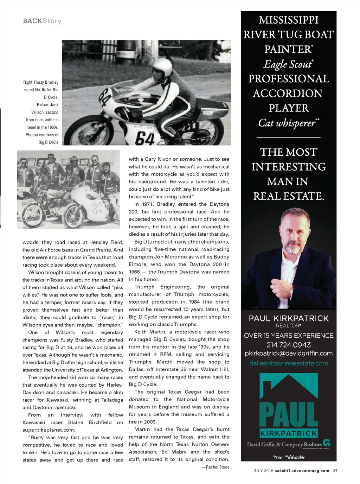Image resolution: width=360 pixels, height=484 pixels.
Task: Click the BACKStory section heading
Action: (42, 21)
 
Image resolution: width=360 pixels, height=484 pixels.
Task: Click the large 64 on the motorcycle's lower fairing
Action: (145, 138)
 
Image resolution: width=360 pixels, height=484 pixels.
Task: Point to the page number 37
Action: (335, 471)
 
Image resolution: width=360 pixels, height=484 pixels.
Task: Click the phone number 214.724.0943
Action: (289, 345)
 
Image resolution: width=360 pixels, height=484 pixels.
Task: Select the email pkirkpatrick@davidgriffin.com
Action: (289, 353)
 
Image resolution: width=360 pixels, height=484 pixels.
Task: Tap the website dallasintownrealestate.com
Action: (289, 363)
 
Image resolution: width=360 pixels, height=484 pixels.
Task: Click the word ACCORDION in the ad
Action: (288, 93)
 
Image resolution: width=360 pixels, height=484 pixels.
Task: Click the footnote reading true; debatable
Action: (289, 457)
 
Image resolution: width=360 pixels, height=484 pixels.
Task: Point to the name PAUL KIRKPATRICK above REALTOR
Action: (289, 318)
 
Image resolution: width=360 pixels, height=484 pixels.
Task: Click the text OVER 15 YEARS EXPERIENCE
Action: (289, 336)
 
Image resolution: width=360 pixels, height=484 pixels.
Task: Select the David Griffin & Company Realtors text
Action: (284, 444)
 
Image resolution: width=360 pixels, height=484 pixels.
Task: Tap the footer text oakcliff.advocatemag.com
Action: (302, 471)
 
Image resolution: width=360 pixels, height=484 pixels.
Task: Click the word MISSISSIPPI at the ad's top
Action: (289, 20)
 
